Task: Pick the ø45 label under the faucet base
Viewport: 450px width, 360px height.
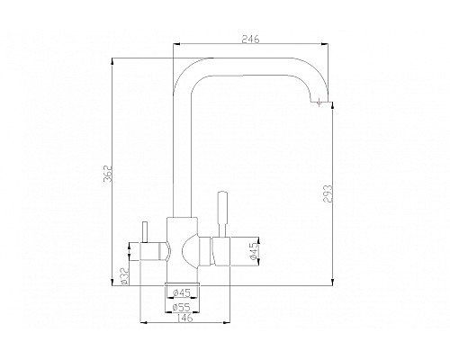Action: pos(181,292)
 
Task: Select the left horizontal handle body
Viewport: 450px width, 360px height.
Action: pos(152,250)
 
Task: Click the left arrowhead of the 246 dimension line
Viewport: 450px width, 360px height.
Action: pos(175,44)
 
